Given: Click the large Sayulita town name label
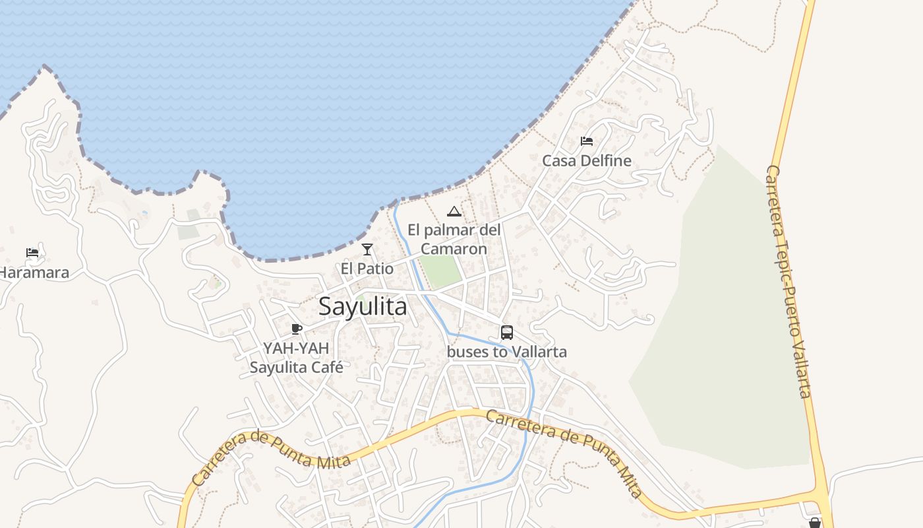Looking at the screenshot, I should click(363, 307).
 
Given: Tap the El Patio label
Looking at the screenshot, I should click(367, 269).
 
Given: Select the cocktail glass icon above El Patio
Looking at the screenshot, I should click(367, 249).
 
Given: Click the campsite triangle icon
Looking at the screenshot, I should click(454, 211).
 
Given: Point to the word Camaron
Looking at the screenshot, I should click(454, 249).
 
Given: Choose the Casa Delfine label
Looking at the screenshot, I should click(587, 160).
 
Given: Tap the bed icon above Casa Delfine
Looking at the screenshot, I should click(587, 141).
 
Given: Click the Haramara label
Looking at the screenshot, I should click(33, 272).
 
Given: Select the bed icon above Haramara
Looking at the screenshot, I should click(32, 252).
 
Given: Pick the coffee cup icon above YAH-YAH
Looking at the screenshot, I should click(297, 329).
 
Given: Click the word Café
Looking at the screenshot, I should click(326, 367).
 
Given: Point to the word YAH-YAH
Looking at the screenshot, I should click(296, 348).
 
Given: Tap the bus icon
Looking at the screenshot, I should click(507, 333).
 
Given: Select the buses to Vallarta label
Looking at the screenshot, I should click(507, 352).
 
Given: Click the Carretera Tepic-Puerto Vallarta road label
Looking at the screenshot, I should click(787, 282).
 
